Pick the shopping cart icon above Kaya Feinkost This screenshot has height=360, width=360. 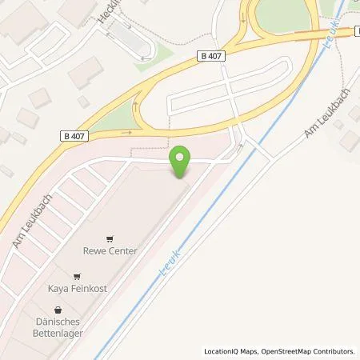(77, 276)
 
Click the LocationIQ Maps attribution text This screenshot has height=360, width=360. (231, 351)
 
